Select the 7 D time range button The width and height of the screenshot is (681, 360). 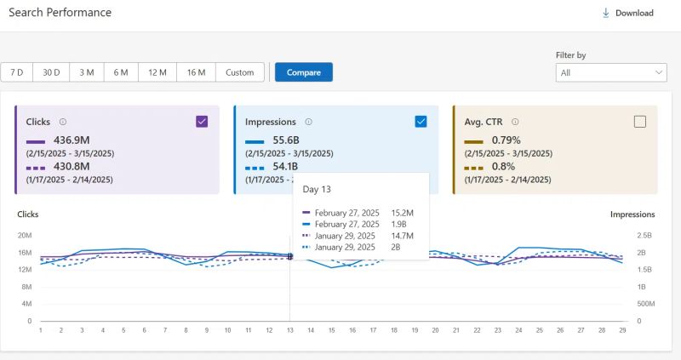[17, 72]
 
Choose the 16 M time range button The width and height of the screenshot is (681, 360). [196, 72]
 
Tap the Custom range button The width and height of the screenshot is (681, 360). [240, 72]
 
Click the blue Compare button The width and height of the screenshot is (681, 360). [303, 72]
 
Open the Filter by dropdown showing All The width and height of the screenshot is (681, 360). [612, 73]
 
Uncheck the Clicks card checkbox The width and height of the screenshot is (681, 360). [202, 122]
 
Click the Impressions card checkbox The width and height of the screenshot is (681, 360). [421, 122]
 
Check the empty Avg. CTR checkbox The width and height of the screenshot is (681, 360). [640, 122]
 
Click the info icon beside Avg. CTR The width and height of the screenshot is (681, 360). [516, 122]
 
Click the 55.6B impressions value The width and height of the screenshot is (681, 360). [286, 140]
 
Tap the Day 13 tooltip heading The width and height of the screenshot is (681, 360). [317, 188]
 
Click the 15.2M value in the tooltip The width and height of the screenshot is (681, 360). [403, 212]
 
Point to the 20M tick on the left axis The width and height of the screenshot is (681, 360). [24, 235]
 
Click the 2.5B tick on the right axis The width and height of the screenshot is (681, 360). [645, 235]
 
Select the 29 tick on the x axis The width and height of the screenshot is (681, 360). [623, 330]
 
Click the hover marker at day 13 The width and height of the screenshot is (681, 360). [289, 256]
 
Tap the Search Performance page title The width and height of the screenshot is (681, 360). [60, 13]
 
